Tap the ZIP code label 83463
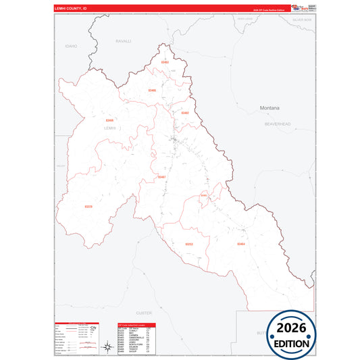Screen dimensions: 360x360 click(164, 62)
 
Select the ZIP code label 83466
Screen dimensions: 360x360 click(152, 90)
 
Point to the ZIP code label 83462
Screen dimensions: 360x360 click(185, 113)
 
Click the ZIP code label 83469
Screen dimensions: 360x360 click(109, 120)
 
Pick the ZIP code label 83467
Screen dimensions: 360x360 click(161, 177)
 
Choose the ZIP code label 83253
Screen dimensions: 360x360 click(189, 244)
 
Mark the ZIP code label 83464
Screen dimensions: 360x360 click(241, 244)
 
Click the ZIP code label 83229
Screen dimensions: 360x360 click(88, 206)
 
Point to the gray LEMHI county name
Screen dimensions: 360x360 click(110, 128)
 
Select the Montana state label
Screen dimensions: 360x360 click(269, 107)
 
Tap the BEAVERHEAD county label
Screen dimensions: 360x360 click(277, 124)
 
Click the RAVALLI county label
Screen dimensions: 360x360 click(124, 41)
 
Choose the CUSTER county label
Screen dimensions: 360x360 click(144, 313)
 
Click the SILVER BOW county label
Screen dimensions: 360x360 click(302, 20)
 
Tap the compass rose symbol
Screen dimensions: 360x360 click(107, 347)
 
